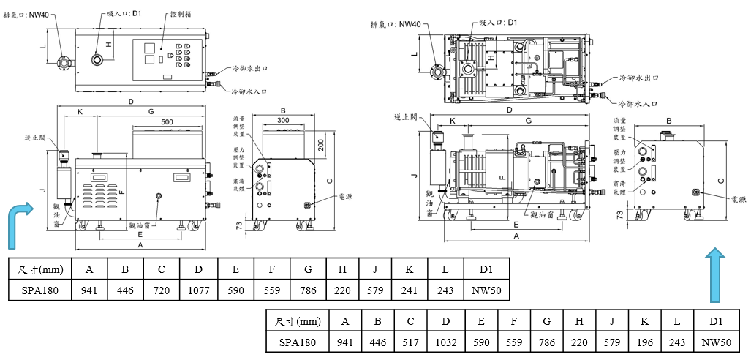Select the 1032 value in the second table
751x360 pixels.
[x=446, y=342]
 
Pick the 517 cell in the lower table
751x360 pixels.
[x=411, y=342]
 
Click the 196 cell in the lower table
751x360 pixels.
[x=644, y=342]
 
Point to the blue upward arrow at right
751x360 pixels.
[x=717, y=274]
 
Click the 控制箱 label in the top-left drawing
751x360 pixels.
[x=180, y=14]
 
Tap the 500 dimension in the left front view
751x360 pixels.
[x=167, y=121]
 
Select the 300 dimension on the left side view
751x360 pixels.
[x=284, y=120]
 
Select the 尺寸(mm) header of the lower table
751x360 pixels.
[x=298, y=320]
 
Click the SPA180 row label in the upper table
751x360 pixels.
[x=41, y=290]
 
